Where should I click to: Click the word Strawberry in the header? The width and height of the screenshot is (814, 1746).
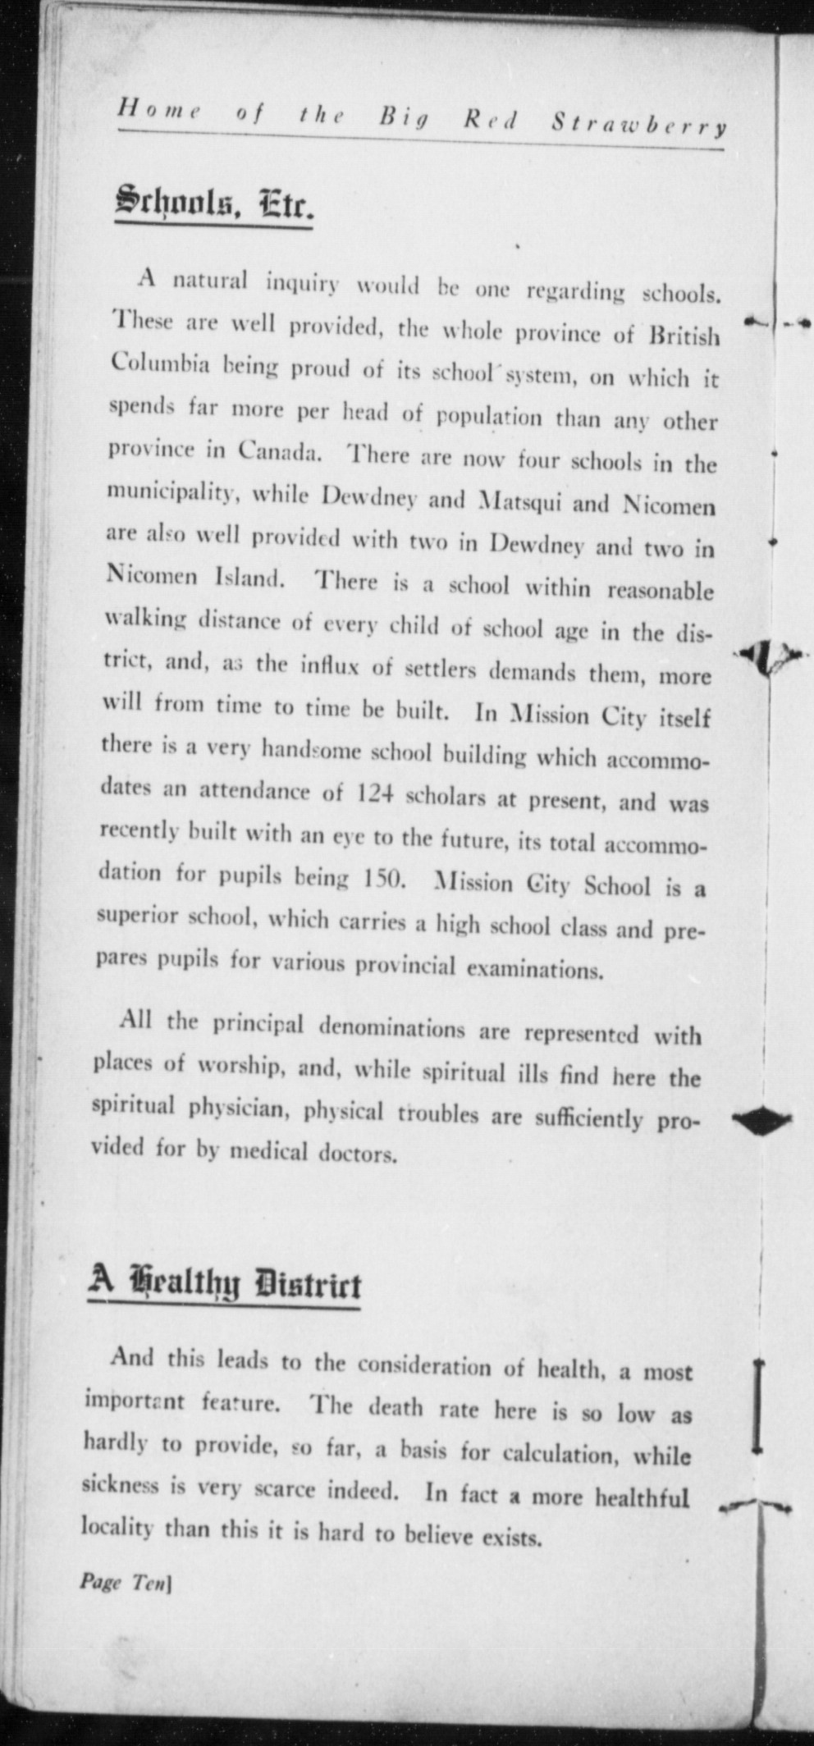(638, 125)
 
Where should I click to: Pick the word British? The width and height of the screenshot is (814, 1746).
(684, 336)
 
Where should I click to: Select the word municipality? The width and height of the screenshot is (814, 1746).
(174, 492)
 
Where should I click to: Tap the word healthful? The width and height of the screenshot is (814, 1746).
(642, 1498)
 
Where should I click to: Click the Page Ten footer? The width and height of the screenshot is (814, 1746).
(124, 1582)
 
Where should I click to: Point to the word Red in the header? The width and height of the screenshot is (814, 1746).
(491, 121)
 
